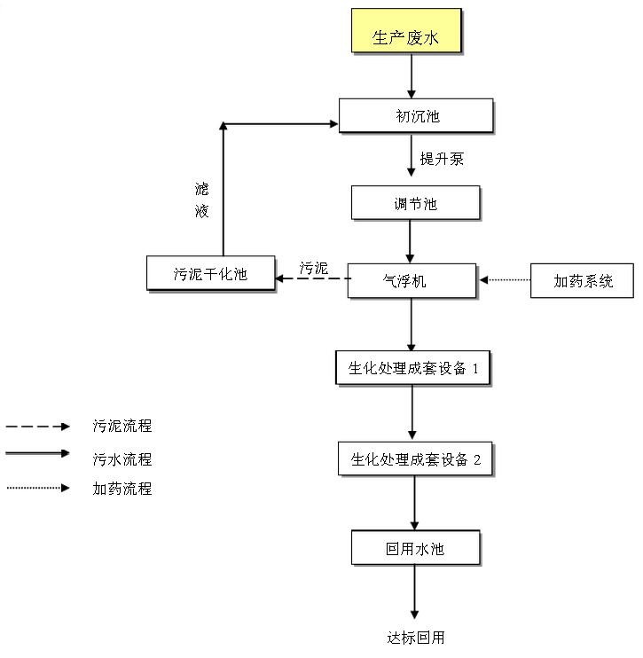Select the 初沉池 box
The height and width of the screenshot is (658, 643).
tap(415, 115)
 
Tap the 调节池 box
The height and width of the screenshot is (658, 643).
tap(415, 203)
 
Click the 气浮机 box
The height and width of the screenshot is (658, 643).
tap(412, 281)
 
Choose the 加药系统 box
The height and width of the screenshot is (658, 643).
tap(583, 281)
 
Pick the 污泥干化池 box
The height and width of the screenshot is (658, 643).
tap(210, 273)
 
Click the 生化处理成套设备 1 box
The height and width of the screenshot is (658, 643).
tap(412, 368)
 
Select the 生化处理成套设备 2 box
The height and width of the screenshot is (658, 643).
tap(415, 459)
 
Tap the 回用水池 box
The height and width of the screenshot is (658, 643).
tap(415, 548)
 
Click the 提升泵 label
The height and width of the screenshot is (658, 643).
tap(442, 160)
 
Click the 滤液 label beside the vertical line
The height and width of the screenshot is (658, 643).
tap(202, 200)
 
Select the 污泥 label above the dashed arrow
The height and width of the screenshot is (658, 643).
tap(313, 267)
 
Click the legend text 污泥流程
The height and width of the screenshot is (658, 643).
tap(122, 427)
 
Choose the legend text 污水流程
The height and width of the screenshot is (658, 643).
tap(122, 459)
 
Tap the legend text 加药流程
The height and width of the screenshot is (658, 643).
tap(122, 489)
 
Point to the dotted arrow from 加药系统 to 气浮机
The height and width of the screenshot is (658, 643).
tap(505, 281)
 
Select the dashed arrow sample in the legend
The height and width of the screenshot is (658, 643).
tap(37, 427)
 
